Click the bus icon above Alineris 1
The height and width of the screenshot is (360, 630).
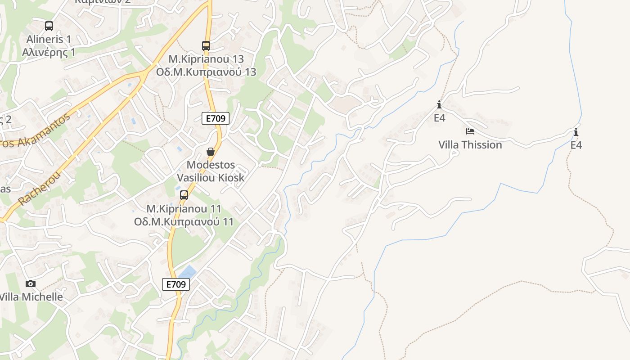(x=49, y=26)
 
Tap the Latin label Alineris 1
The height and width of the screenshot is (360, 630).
(x=49, y=39)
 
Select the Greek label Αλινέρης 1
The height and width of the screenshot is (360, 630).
(x=49, y=52)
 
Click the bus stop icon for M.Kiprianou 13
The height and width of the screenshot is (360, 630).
(x=206, y=46)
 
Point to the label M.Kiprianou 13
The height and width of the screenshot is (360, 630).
(x=206, y=59)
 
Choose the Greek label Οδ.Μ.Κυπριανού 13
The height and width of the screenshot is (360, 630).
(x=206, y=72)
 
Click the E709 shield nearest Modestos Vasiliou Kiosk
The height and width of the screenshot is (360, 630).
(x=216, y=118)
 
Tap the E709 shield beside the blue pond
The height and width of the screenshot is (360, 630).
(x=176, y=284)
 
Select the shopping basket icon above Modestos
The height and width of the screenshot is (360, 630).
(x=210, y=152)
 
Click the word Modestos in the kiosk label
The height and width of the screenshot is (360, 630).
(x=211, y=165)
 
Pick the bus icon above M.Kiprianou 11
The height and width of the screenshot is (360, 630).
(x=184, y=195)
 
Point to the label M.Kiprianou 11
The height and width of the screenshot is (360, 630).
(x=184, y=209)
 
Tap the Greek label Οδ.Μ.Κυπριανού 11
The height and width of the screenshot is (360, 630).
(x=184, y=222)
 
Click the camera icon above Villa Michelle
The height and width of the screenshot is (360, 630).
(x=31, y=283)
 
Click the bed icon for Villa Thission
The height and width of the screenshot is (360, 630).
(x=470, y=131)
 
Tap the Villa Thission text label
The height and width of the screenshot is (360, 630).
(x=470, y=145)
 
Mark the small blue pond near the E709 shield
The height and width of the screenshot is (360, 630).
(x=188, y=271)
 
